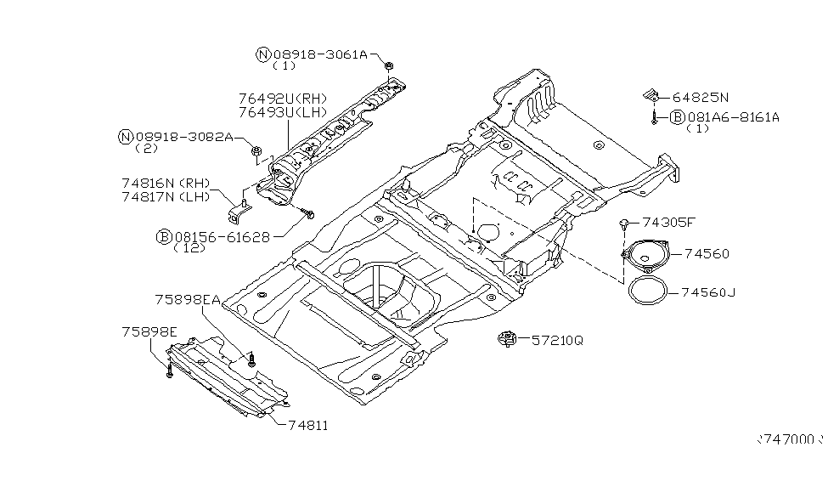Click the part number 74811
[307, 425]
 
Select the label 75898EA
[188, 299]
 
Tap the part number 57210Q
[558, 340]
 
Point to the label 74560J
[708, 292]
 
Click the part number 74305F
[668, 223]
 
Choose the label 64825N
[701, 98]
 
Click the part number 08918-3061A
[320, 54]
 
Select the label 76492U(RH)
[283, 99]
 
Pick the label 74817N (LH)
[165, 196]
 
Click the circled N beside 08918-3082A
[126, 136]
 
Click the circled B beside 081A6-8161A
[678, 117]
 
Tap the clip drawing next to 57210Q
[507, 340]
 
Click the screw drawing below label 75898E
[169, 369]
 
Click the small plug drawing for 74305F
[623, 223]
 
